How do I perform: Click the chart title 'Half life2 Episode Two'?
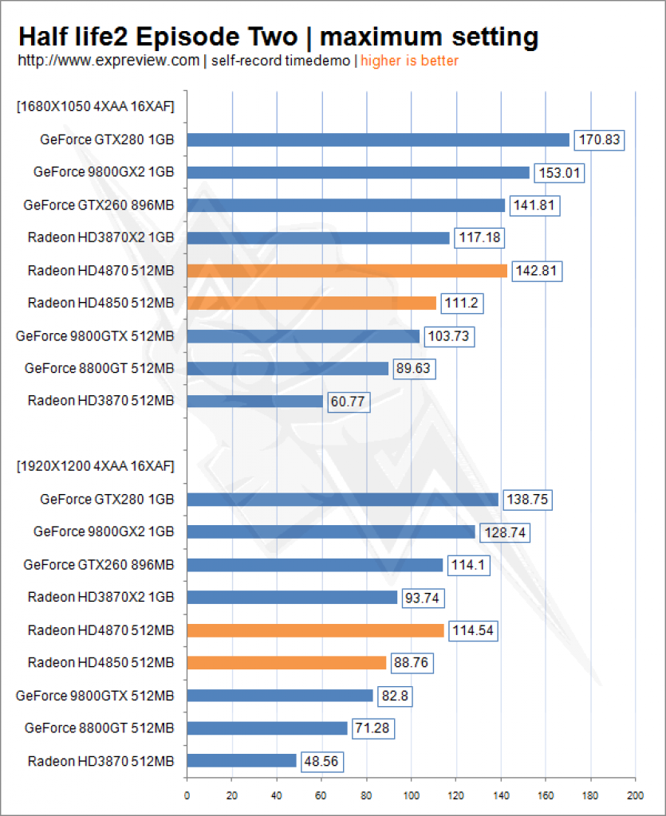pyautogui.click(x=158, y=37)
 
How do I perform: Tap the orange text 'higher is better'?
pyautogui.click(x=409, y=61)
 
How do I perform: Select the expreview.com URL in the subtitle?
pyautogui.click(x=108, y=61)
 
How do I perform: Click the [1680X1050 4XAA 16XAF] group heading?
pyautogui.click(x=95, y=107)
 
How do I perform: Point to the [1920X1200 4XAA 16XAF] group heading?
pyautogui.click(x=95, y=465)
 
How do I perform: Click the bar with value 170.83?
pyautogui.click(x=378, y=139)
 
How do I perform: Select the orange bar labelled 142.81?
pyautogui.click(x=347, y=271)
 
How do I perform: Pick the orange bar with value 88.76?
pyautogui.click(x=286, y=662)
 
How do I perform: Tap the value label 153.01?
pyautogui.click(x=559, y=173)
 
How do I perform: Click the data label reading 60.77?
pyautogui.click(x=349, y=402)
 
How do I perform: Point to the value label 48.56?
pyautogui.click(x=321, y=762)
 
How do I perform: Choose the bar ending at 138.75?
pyautogui.click(x=343, y=500)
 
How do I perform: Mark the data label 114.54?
pyautogui.click(x=473, y=631)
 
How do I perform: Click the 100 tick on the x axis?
pyautogui.click(x=411, y=796)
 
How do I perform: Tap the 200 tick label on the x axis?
pyautogui.click(x=635, y=796)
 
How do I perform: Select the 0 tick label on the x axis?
pyautogui.click(x=187, y=796)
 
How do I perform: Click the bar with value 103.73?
pyautogui.click(x=303, y=336)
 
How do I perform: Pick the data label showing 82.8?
pyautogui.click(x=395, y=696)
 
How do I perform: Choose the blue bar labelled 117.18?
pyautogui.click(x=318, y=237)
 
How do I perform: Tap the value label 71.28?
pyautogui.click(x=372, y=728)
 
